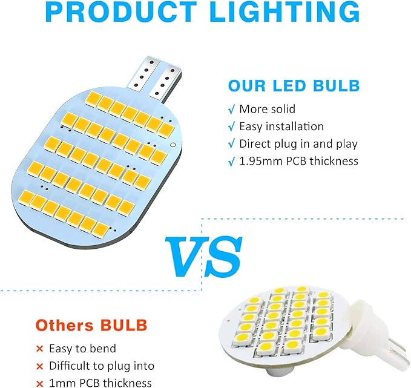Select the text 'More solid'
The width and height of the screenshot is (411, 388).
267,110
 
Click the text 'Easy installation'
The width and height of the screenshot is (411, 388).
281,127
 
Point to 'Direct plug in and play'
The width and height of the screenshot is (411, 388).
298,144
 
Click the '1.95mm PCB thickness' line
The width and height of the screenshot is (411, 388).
298,161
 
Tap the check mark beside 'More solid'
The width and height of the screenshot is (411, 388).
231,110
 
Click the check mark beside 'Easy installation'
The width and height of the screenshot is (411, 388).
231,127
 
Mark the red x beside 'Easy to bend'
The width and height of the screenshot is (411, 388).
40,349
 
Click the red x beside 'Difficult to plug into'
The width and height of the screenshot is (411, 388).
40,367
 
